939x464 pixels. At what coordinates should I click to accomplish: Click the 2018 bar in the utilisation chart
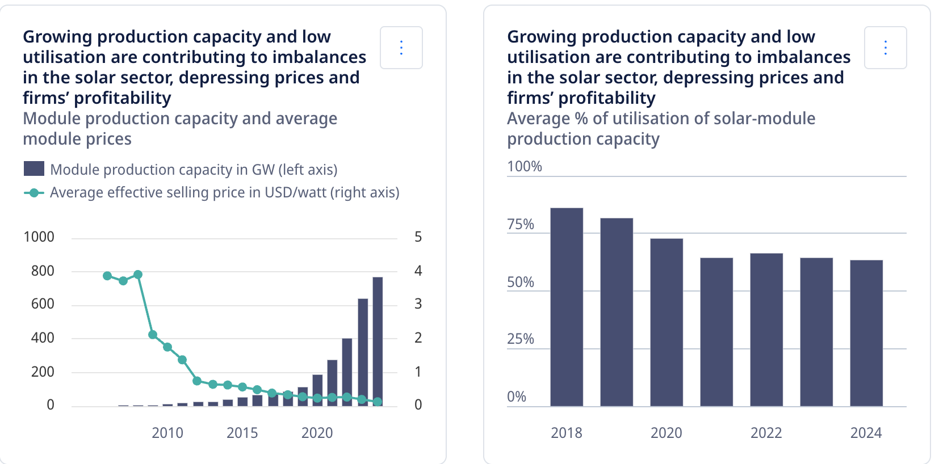click(x=567, y=307)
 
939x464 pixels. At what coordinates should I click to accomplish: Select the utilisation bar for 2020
click(x=666, y=322)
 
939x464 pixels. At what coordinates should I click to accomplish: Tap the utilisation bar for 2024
click(x=866, y=333)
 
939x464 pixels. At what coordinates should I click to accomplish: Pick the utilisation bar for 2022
click(x=766, y=330)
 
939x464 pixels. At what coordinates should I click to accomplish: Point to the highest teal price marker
click(x=138, y=275)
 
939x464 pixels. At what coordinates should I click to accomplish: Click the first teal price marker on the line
click(x=107, y=276)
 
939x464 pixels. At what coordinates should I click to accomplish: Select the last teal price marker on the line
click(x=378, y=402)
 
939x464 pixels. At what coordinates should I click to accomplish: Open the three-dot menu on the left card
click(x=401, y=48)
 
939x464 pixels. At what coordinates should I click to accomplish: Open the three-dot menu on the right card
click(x=886, y=48)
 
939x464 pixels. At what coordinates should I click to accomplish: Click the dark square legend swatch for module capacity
click(x=34, y=168)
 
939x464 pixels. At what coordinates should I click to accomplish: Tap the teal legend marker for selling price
click(x=34, y=193)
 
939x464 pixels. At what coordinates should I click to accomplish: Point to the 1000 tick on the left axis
click(x=39, y=237)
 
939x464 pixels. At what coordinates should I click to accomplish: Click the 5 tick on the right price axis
click(x=418, y=237)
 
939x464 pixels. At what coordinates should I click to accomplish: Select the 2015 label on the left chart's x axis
click(x=242, y=433)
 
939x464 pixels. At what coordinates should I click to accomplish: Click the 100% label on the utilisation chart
click(x=525, y=167)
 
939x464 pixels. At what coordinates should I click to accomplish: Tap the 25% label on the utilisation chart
click(x=521, y=339)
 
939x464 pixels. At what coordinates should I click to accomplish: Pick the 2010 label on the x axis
click(x=167, y=433)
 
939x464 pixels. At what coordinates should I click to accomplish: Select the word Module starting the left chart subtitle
click(x=52, y=119)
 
